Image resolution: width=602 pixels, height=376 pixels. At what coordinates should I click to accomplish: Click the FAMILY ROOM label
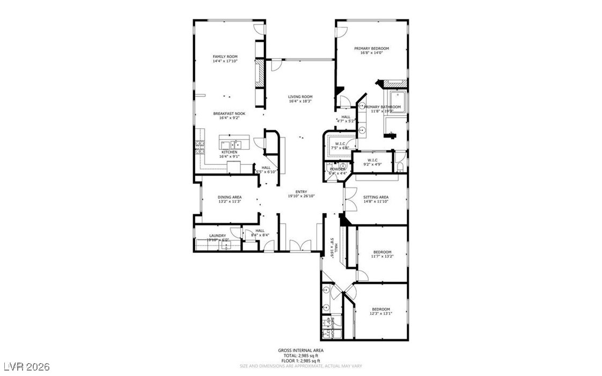(225, 56)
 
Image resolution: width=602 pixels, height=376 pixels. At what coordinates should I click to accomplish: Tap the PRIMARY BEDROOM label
(371, 48)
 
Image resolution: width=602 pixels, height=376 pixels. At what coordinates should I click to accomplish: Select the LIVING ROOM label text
(300, 97)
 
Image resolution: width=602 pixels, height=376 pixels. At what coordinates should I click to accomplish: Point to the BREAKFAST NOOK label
(229, 113)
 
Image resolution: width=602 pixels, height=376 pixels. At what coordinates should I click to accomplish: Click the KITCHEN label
(229, 152)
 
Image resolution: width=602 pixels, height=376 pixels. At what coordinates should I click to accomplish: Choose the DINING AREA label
(229, 197)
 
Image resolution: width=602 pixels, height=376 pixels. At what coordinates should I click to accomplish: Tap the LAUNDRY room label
(217, 235)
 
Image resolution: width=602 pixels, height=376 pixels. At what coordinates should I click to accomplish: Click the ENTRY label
(301, 191)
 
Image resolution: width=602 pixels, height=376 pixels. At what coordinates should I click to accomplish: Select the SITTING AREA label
(376, 197)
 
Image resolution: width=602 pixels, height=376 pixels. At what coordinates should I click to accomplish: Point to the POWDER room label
(337, 169)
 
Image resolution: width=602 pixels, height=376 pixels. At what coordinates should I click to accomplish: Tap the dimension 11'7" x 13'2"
(382, 257)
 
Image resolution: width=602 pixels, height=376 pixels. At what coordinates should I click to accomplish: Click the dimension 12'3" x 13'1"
(381, 314)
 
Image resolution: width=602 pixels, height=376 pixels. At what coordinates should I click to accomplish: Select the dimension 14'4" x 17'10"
(225, 61)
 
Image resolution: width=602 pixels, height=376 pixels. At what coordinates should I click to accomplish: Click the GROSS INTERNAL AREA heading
(300, 350)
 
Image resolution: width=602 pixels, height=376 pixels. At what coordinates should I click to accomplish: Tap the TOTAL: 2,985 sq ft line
(300, 356)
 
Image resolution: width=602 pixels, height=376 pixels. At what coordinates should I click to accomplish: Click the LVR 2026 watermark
(25, 367)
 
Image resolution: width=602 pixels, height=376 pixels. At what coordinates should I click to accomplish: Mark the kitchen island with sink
(229, 144)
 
